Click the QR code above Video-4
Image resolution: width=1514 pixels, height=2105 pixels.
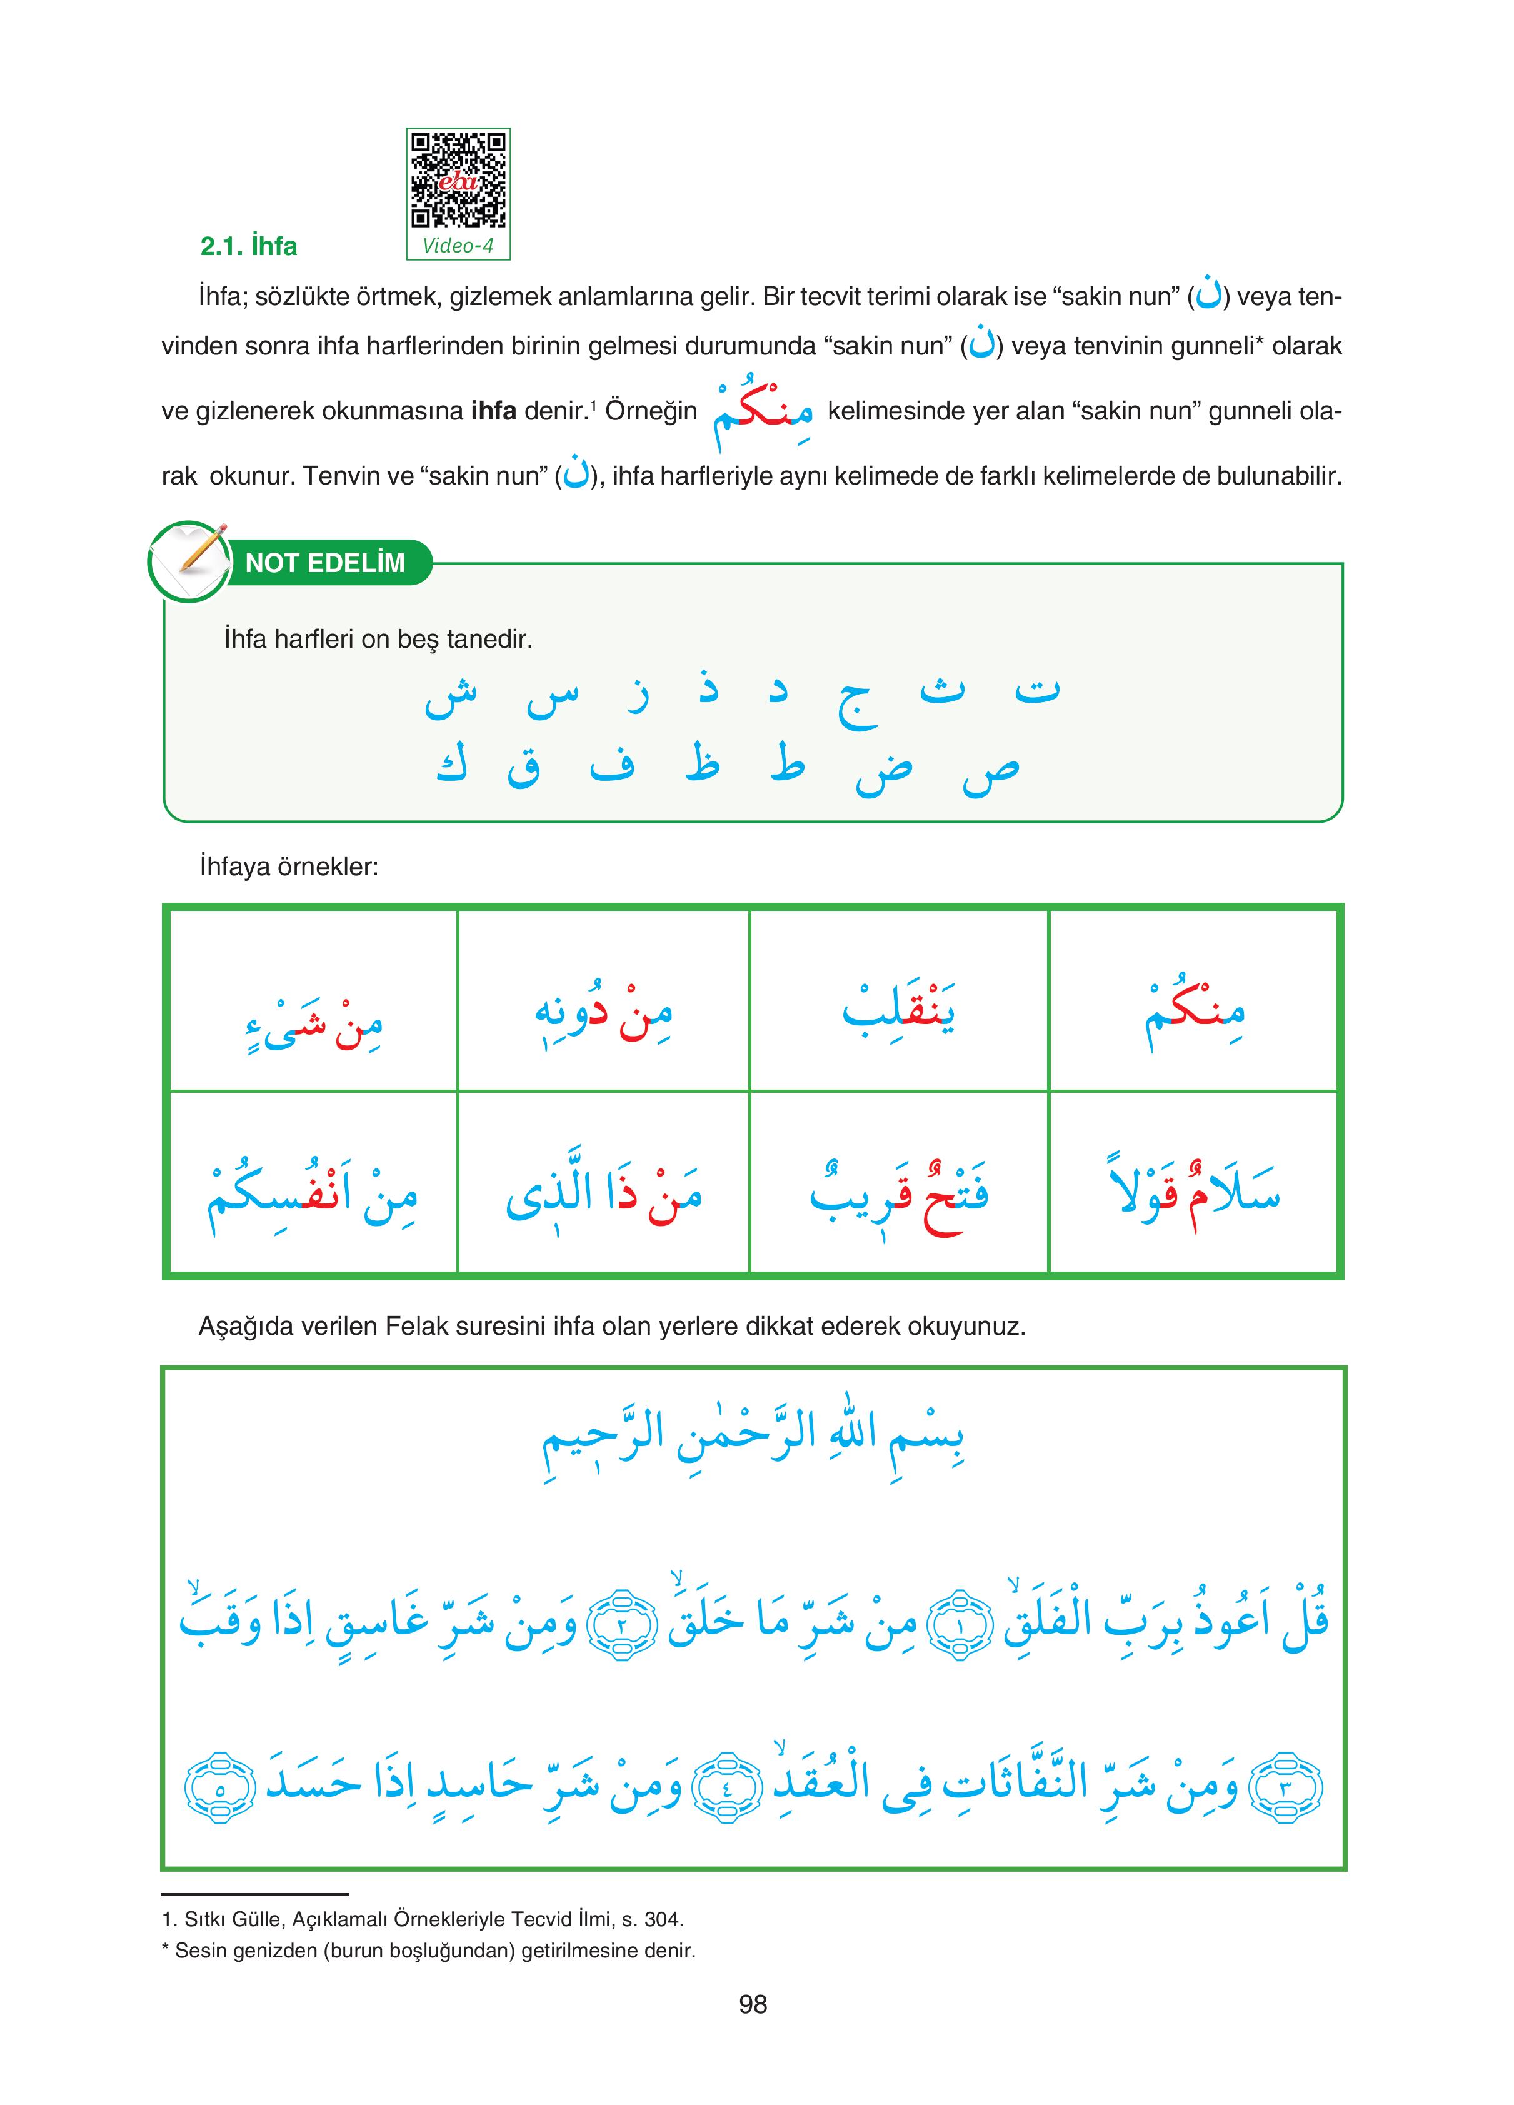[459, 180]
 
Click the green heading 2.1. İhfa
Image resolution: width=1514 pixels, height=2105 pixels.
[249, 247]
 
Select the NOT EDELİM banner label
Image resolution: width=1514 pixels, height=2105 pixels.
[325, 563]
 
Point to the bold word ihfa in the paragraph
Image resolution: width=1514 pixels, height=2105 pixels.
[493, 411]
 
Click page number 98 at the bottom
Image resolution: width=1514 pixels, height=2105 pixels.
[753, 2005]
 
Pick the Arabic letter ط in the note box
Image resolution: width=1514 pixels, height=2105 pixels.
[787, 766]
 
